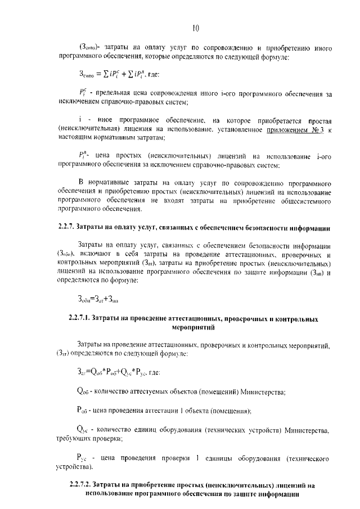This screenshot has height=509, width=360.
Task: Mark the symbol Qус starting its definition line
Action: click(82, 430)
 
